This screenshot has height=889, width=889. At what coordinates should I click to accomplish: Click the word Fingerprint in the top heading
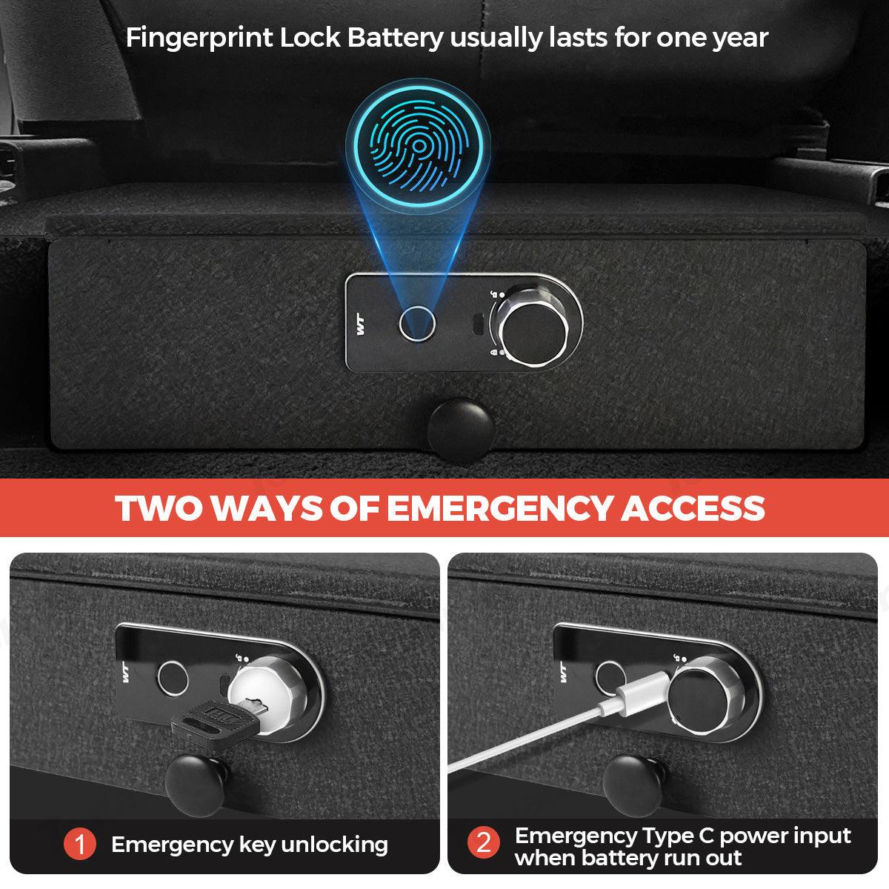point(199,37)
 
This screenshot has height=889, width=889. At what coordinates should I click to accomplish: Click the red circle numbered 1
point(79,844)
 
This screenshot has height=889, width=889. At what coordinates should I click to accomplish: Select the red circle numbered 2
point(483,844)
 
